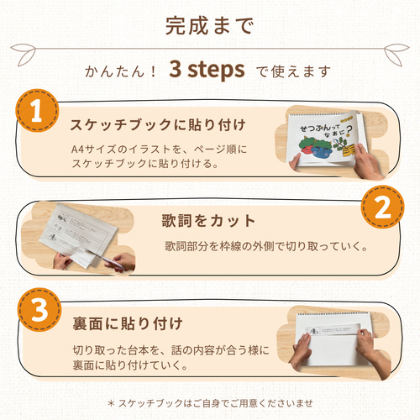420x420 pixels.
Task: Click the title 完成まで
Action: tap(209, 27)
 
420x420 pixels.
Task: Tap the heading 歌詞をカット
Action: tap(208, 221)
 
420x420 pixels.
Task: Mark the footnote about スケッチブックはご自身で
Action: tap(210, 403)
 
